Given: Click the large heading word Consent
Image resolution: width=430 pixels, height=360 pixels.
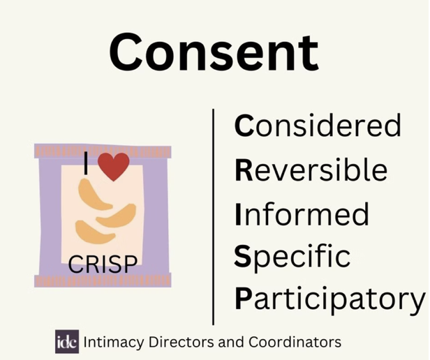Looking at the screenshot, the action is coord(214,52).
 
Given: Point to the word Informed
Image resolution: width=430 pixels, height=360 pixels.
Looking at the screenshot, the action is coord(302,214).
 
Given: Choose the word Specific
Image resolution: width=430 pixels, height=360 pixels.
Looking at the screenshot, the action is coord(292,257).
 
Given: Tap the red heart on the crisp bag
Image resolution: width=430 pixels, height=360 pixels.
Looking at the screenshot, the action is coord(114,167).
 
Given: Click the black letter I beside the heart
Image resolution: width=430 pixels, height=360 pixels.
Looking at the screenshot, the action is coord(86,163).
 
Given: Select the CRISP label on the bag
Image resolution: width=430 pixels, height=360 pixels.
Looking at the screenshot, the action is coord(103,264).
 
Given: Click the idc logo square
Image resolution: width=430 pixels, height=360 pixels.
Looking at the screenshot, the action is coord(67,341).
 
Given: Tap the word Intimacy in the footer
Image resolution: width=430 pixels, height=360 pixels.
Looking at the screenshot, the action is coord(113,343).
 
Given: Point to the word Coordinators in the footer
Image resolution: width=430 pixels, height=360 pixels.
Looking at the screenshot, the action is coord(295,342).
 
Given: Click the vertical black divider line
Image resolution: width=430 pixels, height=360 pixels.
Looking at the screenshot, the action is coord(214,216).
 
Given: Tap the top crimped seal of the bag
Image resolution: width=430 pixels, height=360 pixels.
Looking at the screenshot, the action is coord(103,151).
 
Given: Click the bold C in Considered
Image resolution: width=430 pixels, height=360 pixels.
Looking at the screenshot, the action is coord(244,126).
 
